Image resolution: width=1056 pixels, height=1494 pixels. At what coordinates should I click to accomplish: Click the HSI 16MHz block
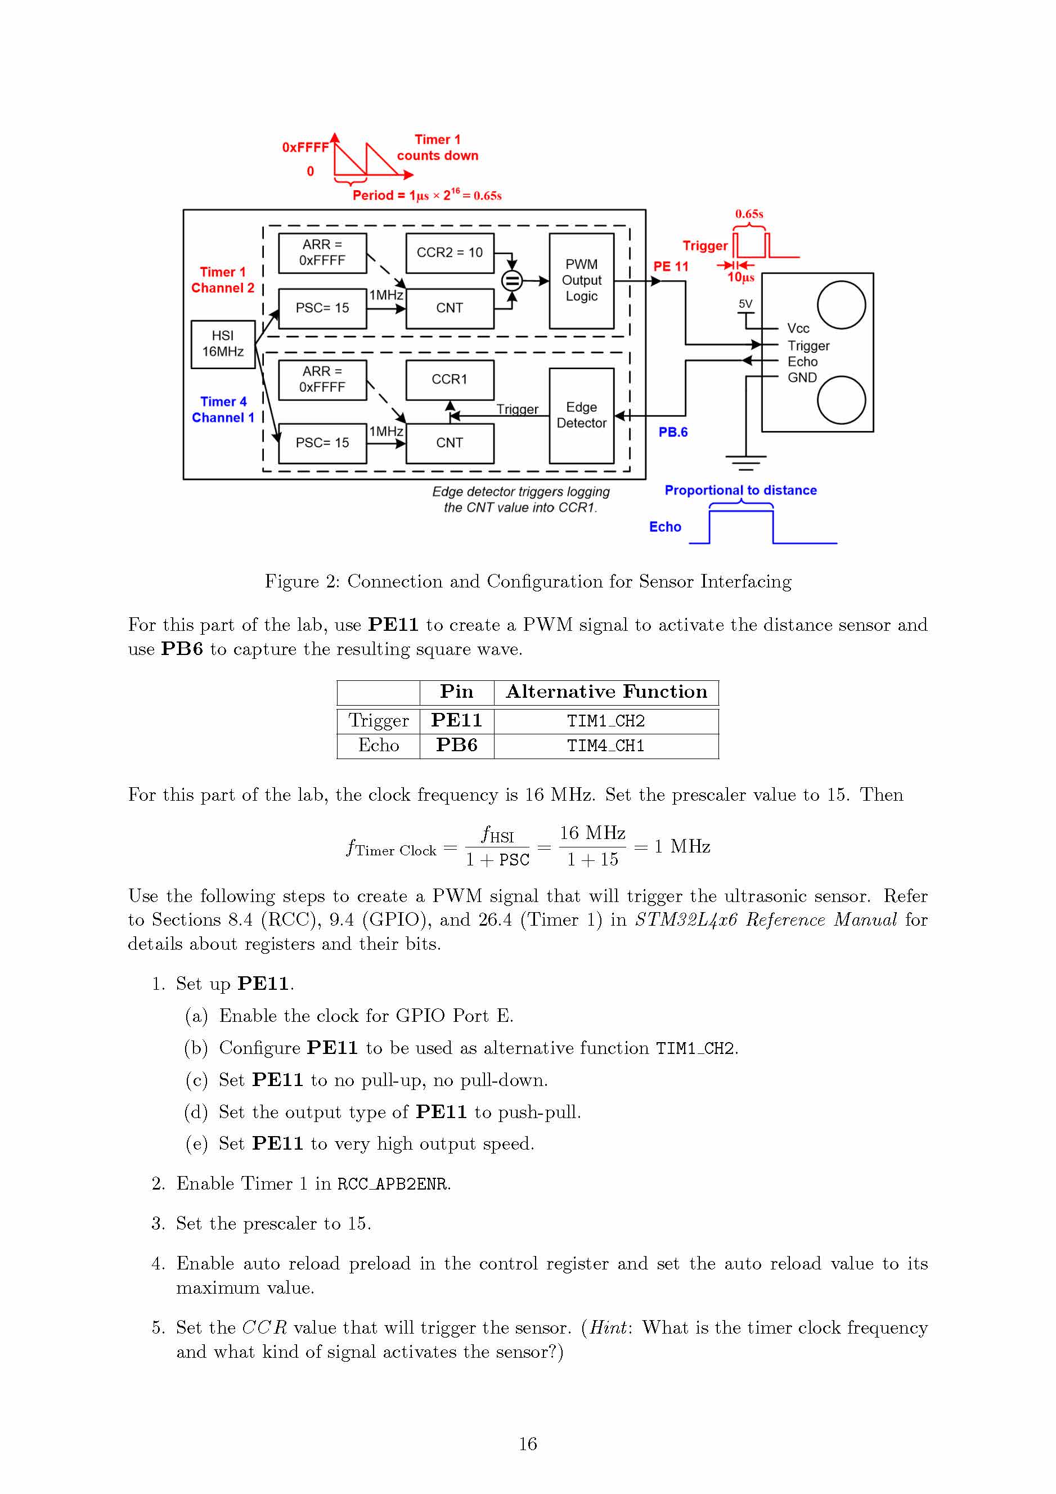click(x=223, y=344)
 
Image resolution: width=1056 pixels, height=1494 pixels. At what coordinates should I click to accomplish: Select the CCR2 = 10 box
click(x=449, y=253)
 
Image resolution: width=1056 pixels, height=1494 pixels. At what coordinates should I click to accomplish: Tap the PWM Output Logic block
click(x=581, y=280)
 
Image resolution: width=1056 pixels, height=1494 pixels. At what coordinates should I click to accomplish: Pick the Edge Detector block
click(x=581, y=415)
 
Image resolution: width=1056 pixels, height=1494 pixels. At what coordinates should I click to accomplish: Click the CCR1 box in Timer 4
click(x=449, y=379)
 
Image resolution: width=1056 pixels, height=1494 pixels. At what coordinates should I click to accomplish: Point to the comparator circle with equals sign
click(x=512, y=281)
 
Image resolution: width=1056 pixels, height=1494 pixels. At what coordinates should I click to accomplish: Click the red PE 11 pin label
click(x=670, y=267)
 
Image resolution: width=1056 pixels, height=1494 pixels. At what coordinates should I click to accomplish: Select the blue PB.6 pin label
click(x=672, y=432)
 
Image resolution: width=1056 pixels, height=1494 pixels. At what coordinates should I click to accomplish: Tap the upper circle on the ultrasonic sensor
click(x=841, y=304)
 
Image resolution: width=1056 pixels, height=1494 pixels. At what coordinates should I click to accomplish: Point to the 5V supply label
click(x=745, y=304)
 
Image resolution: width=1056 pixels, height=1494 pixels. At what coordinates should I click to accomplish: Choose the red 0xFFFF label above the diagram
click(x=305, y=147)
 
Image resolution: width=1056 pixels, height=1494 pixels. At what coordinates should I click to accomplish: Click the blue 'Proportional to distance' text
click(x=740, y=491)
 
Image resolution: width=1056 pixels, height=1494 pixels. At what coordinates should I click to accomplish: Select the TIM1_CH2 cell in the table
click(x=605, y=721)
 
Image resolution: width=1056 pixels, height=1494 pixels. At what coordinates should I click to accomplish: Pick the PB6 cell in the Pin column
click(x=456, y=745)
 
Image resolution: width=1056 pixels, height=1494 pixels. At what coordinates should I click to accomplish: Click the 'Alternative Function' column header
click(x=606, y=692)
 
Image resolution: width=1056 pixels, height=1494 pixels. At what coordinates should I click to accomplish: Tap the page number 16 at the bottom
click(x=528, y=1444)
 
